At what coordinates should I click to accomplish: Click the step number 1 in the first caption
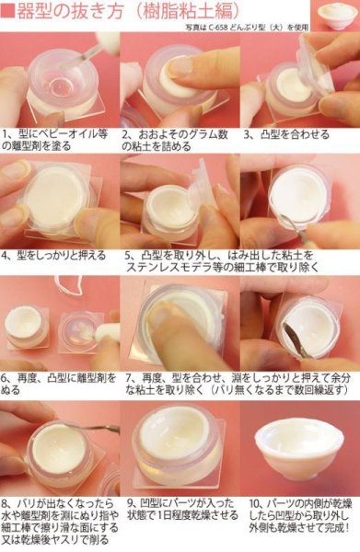[6, 132]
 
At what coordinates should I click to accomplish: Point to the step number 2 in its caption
[126, 132]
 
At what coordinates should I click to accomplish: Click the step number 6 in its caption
[6, 376]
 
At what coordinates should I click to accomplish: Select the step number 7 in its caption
[126, 376]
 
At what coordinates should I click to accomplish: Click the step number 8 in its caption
[6, 505]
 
